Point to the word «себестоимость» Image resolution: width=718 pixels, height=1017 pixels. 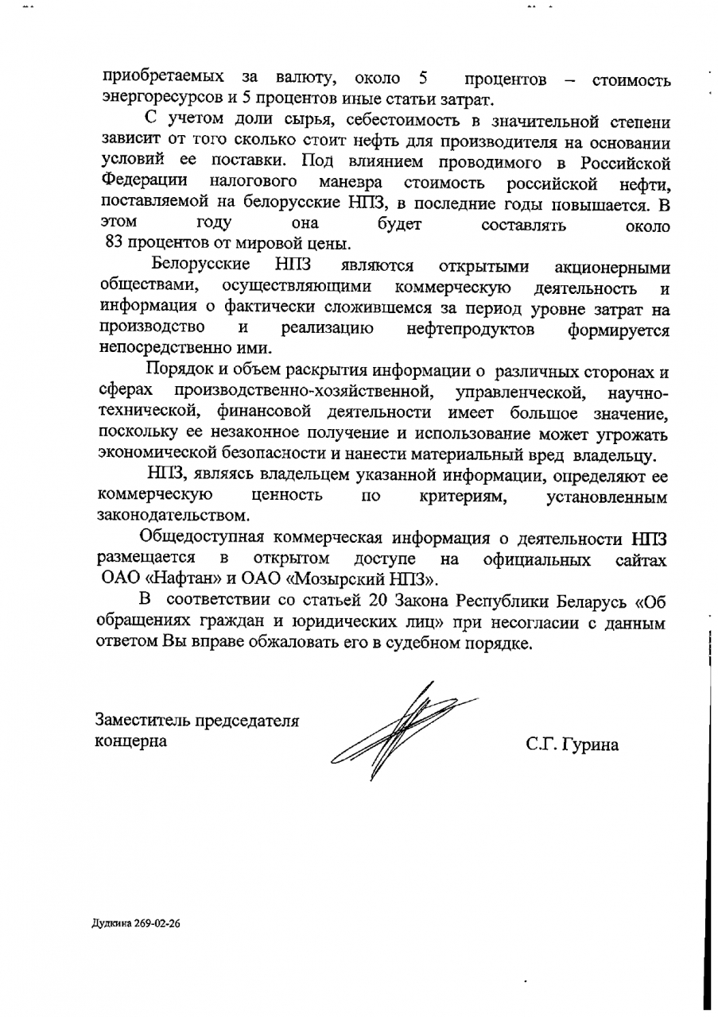(x=414, y=123)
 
